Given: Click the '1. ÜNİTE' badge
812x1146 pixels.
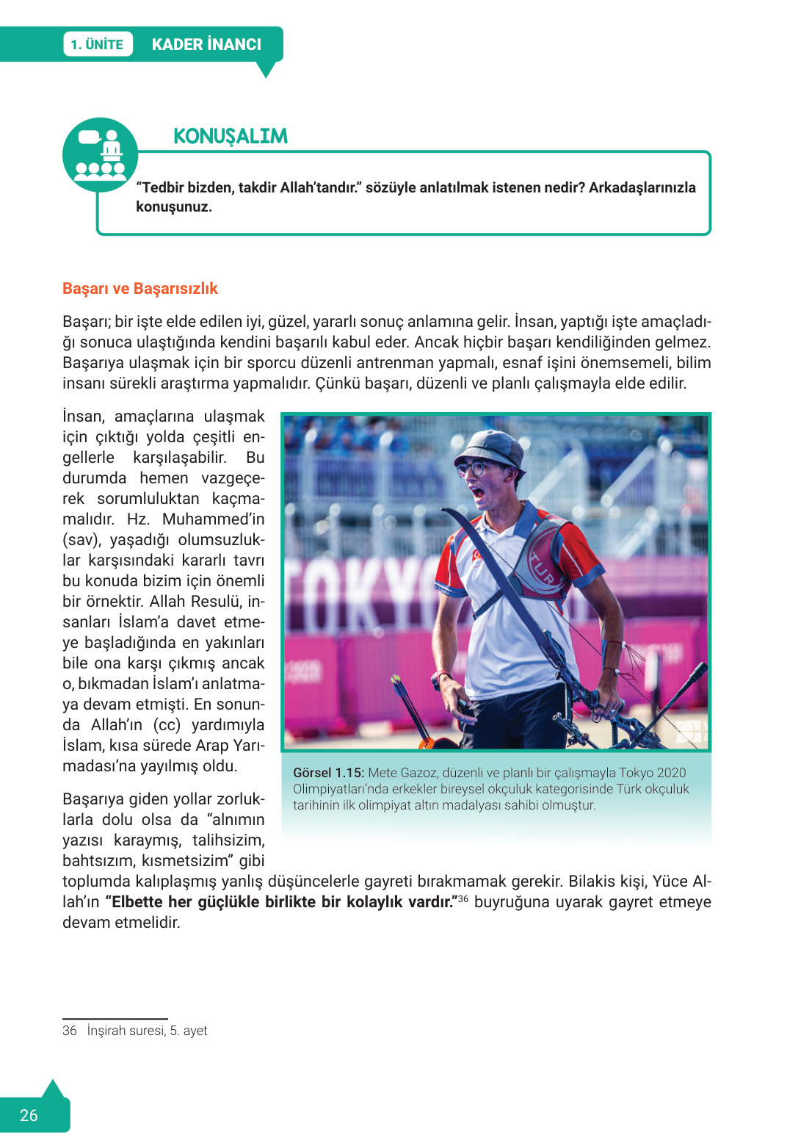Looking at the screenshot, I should point(98,44).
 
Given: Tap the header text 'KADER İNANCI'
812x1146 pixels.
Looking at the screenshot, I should point(206,44).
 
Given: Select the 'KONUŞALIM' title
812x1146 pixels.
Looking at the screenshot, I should point(230,136).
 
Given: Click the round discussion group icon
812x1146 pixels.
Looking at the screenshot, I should point(101,155).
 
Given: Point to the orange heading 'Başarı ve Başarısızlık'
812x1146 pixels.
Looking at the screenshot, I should point(140,289).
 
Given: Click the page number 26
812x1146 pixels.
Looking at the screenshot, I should point(29,1115).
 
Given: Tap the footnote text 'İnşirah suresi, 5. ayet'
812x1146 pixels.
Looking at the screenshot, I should point(147,1031).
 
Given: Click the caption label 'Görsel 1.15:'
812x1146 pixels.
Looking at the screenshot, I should point(328,773).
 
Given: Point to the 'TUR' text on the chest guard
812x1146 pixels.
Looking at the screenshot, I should point(541,569).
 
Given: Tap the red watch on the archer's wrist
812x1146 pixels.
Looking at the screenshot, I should point(441,676).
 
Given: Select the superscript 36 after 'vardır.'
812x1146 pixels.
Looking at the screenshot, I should point(463,898).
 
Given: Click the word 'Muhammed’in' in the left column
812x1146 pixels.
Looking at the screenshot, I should point(213,519).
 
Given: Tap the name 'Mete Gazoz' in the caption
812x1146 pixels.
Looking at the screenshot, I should point(402,773).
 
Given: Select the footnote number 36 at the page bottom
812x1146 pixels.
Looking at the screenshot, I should point(70,1031).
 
